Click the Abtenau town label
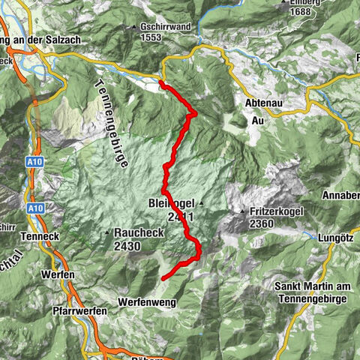[x=262, y=103]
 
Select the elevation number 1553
[x=150, y=37]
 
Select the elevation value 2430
[x=129, y=245]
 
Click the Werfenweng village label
[x=144, y=301]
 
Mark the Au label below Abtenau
[x=259, y=119]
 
